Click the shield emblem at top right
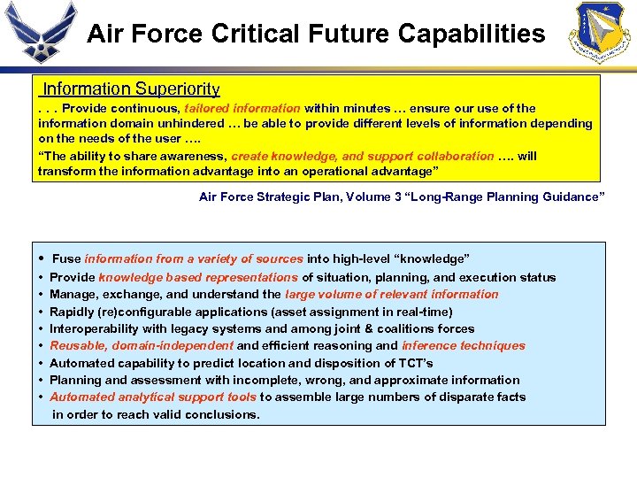(x=602, y=33)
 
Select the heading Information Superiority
(x=131, y=89)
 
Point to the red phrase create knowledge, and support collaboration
(x=362, y=156)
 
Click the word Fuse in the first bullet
(x=66, y=259)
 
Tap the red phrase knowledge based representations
(x=198, y=278)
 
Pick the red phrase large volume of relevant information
(x=391, y=295)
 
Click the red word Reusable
(x=77, y=346)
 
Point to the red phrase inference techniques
(x=463, y=346)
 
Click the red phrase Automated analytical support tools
(x=153, y=397)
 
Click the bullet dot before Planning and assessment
(x=42, y=381)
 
